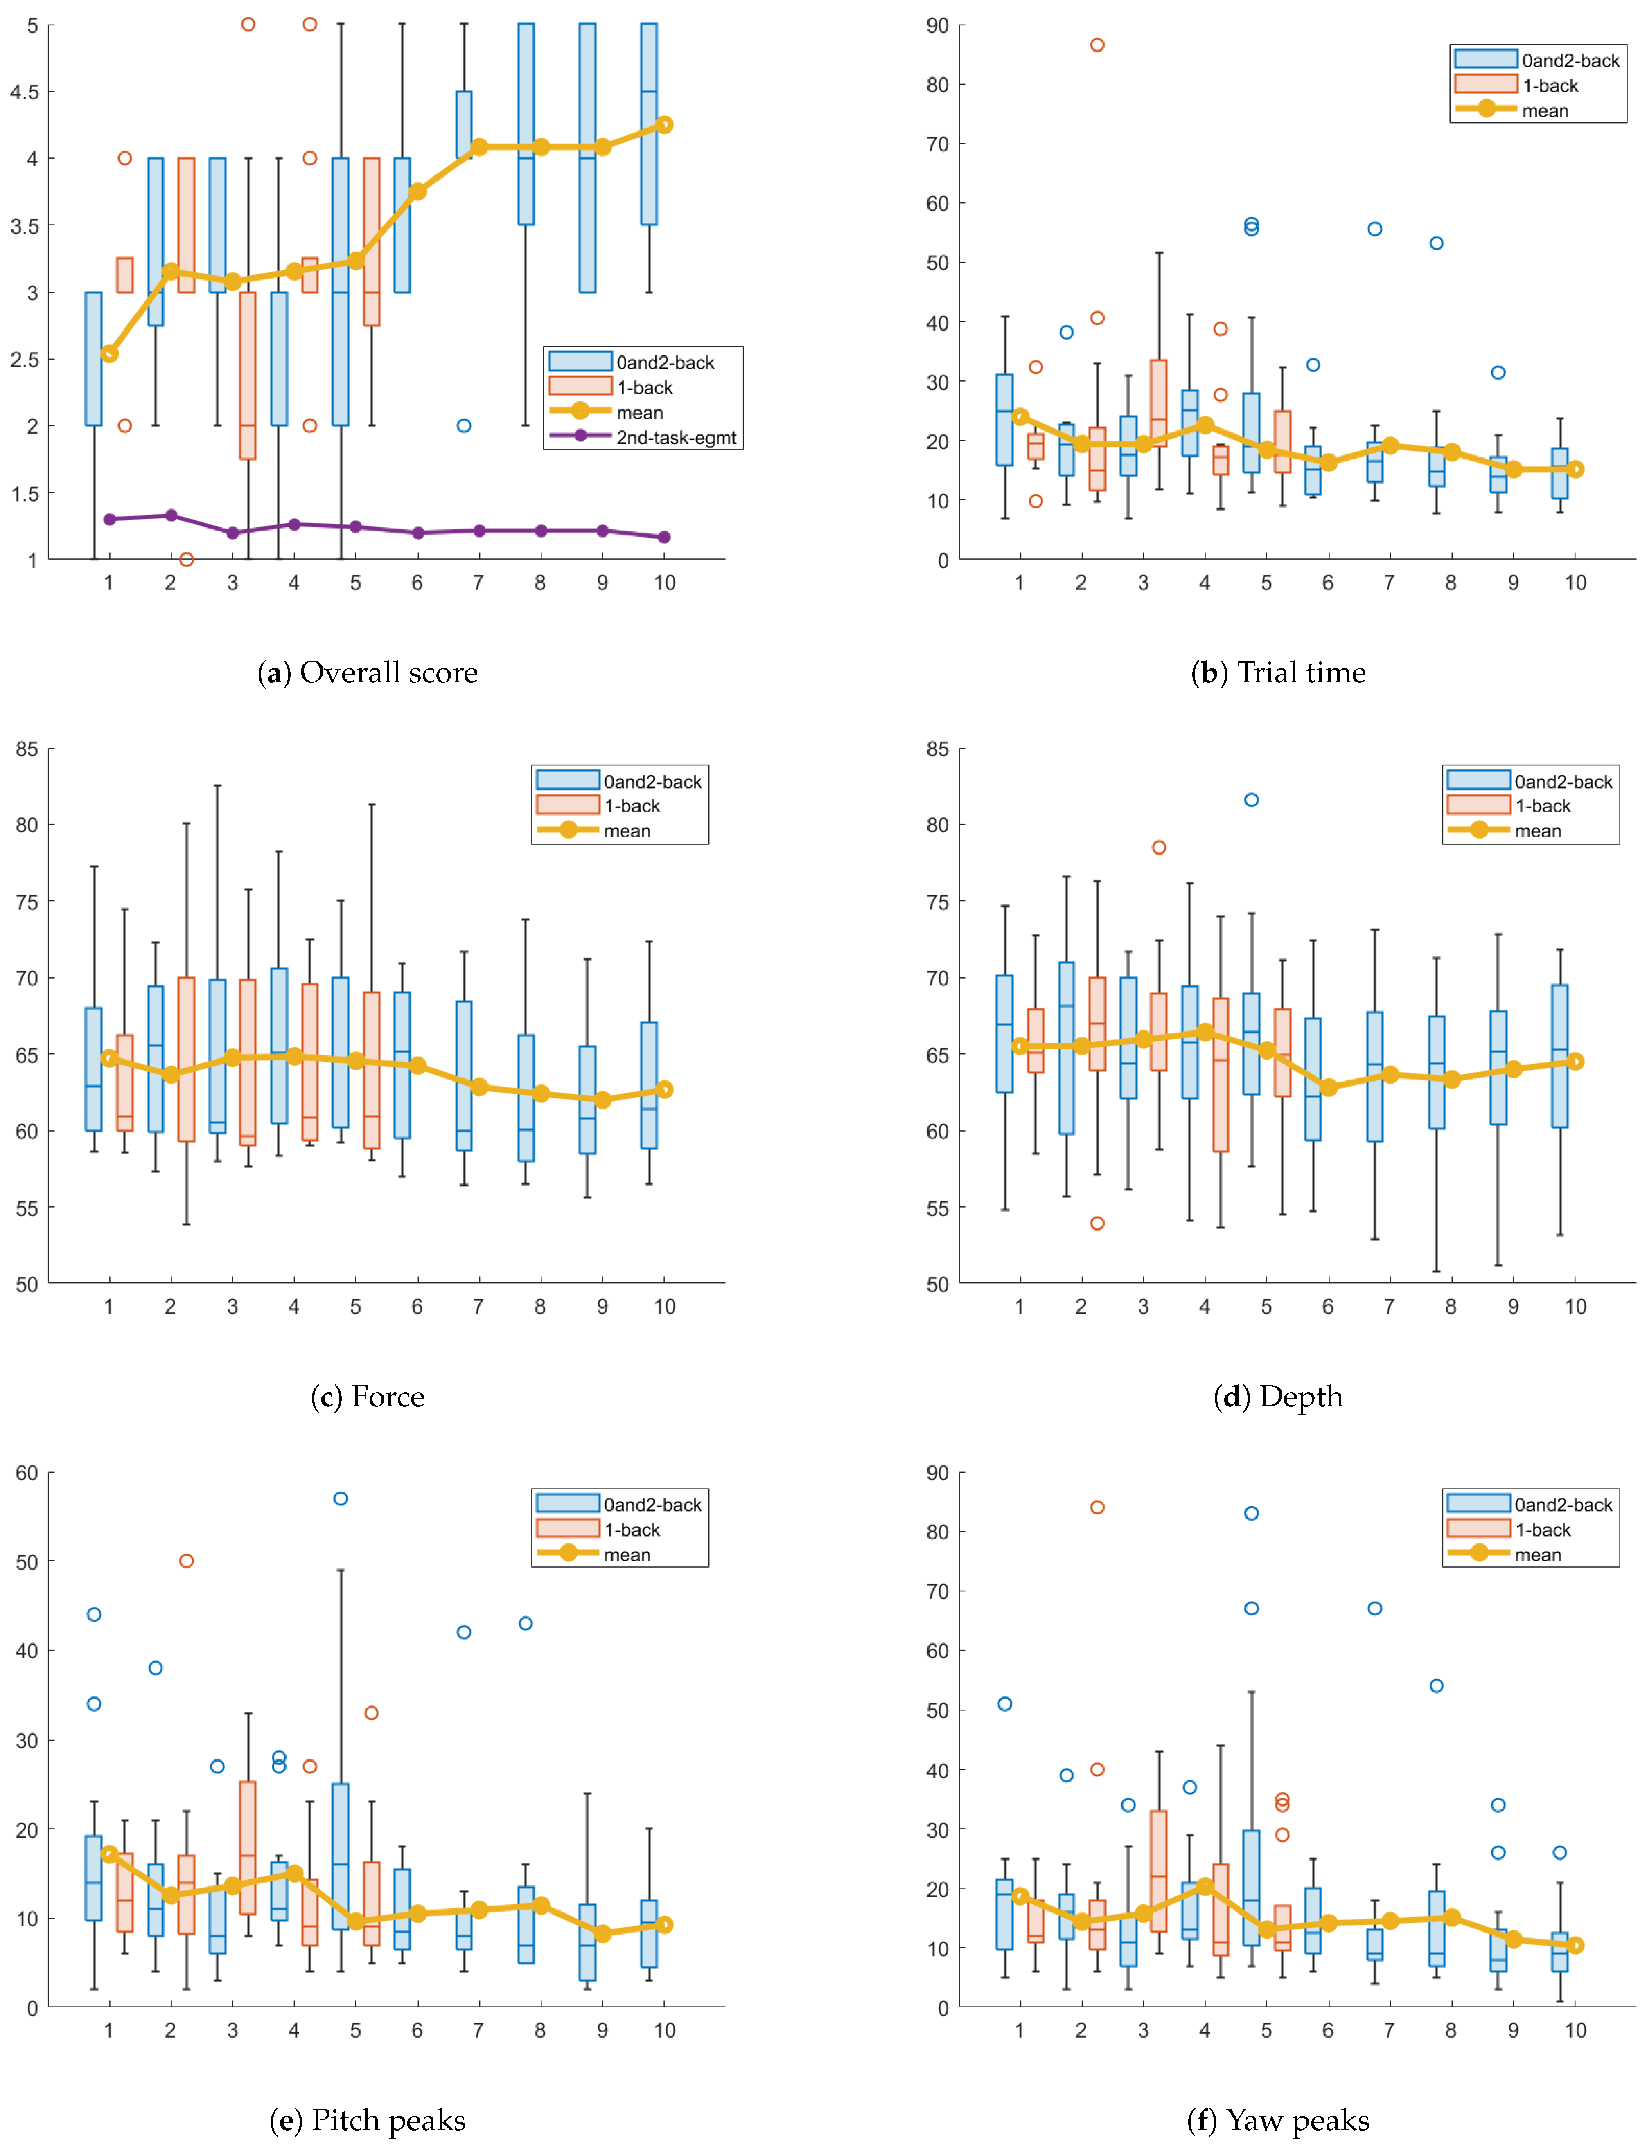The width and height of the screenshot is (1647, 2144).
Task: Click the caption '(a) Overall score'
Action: pyautogui.click(x=368, y=672)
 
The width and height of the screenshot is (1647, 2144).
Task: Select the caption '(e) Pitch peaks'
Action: pyautogui.click(x=368, y=2119)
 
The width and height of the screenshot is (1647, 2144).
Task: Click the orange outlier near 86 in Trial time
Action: pyautogui.click(x=1097, y=45)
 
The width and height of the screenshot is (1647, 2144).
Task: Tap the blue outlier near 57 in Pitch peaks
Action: pyautogui.click(x=340, y=1498)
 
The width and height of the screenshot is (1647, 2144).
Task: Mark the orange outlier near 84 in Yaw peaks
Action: pyautogui.click(x=1097, y=1507)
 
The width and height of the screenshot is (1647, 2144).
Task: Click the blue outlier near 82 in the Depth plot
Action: pyautogui.click(x=1251, y=800)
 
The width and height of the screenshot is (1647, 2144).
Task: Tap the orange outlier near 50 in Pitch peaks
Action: pyautogui.click(x=186, y=1561)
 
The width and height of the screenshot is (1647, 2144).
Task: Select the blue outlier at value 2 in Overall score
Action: pyautogui.click(x=464, y=425)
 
